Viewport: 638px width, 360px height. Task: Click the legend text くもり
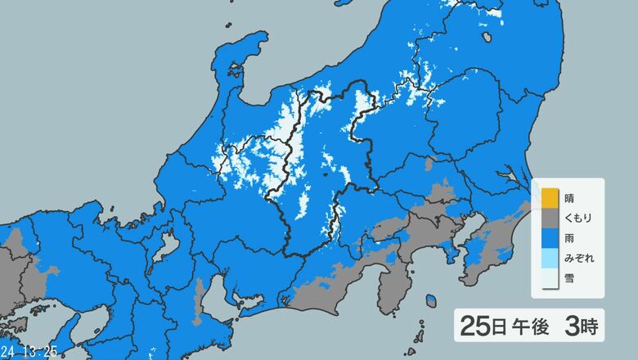578,218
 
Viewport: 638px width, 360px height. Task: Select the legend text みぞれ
578,259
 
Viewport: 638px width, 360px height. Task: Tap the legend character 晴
568,198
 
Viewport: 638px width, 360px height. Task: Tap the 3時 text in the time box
581,327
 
